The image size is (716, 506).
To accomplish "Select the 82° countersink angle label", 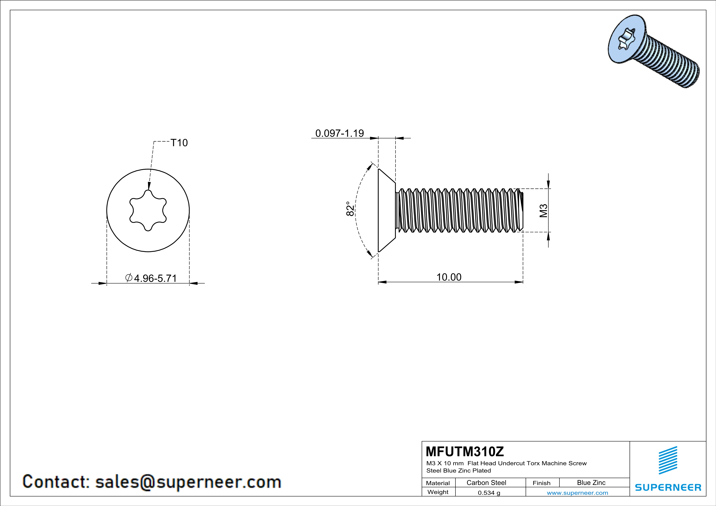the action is pos(350,209).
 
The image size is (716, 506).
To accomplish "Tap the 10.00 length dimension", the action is pos(449,277).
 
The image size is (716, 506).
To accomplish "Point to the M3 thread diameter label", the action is pos(543,211).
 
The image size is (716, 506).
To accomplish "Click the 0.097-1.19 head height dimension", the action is pos(340,133).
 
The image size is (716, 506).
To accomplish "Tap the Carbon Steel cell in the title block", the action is pos(486,483).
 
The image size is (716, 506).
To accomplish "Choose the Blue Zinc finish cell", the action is pos(591,483).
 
